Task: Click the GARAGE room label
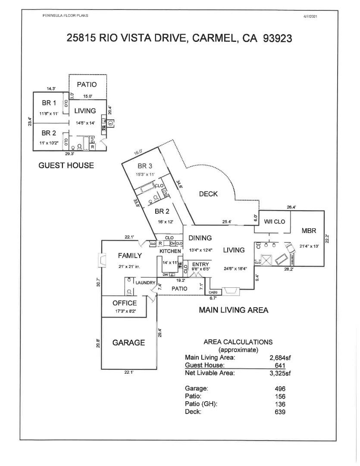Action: (128, 343)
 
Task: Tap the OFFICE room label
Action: (125, 303)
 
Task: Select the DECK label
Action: (208, 194)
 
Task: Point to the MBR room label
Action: (309, 231)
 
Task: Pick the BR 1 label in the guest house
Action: (48, 103)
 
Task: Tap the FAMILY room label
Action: (130, 256)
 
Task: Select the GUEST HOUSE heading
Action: (66, 165)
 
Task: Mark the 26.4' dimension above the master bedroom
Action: (291, 207)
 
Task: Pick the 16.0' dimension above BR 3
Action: (138, 152)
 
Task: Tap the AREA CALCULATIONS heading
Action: (238, 342)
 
